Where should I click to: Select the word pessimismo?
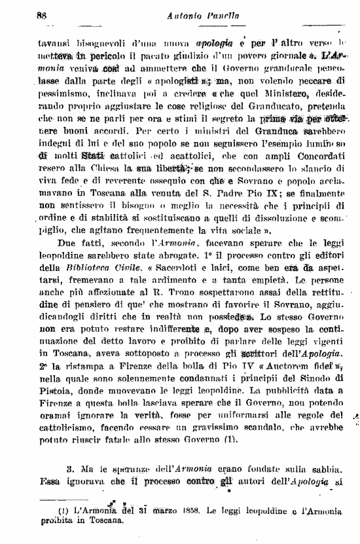pyautogui.click(x=63, y=94)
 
